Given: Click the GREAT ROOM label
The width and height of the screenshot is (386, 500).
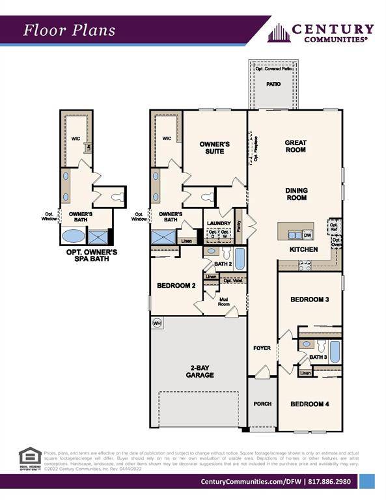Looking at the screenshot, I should tap(295, 146).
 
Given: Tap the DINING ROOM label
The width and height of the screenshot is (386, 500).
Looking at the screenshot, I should tap(296, 194).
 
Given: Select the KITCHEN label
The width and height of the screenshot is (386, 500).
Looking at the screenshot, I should tap(303, 249).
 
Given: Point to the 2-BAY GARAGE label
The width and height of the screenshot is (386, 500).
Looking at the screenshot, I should tap(198, 371).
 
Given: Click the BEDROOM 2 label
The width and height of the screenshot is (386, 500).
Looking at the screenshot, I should tap(176, 285).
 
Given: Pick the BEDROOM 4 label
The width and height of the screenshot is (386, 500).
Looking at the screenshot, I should tap(309, 404).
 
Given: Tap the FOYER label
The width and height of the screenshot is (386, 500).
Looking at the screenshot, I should tap(262, 349).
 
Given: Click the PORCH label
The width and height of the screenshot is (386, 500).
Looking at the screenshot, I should tap(262, 404).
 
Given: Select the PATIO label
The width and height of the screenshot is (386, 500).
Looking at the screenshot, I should tap(273, 85).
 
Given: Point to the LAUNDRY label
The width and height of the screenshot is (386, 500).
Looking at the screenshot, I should tap(218, 223).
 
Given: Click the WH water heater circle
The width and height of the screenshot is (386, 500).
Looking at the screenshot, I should tap(156, 323).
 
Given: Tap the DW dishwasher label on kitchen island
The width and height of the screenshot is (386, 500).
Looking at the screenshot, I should tap(307, 235).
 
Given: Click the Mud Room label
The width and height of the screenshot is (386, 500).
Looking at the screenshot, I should tap(223, 301).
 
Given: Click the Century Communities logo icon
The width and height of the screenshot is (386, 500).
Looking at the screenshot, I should tap(278, 33).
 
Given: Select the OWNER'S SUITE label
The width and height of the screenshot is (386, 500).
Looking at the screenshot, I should tap(211, 147).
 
